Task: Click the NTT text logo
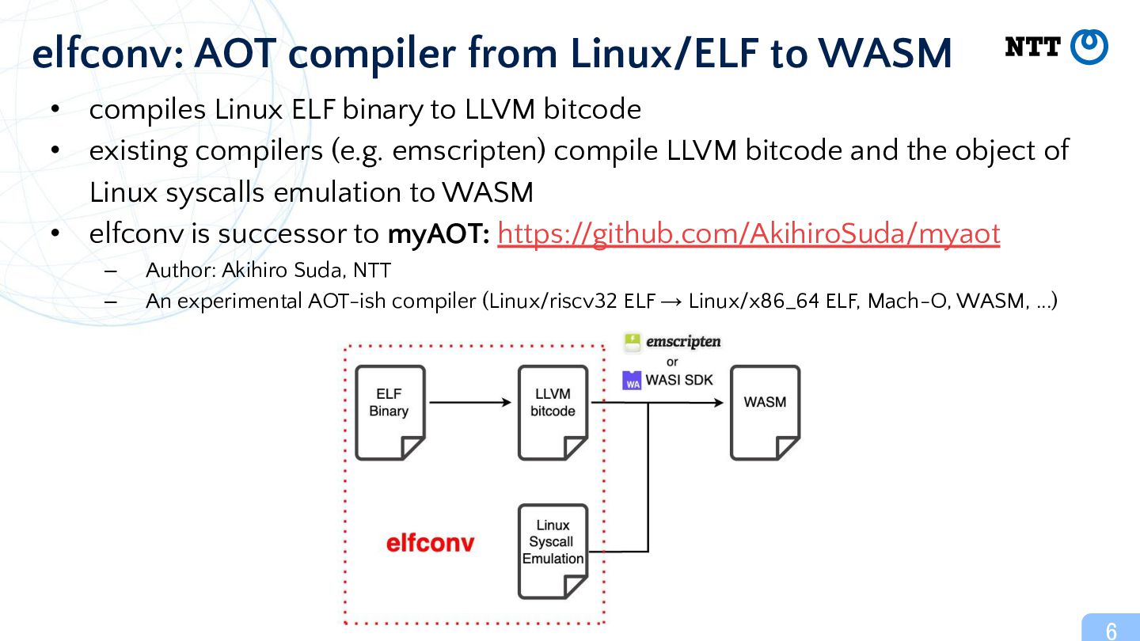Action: [x=1032, y=47]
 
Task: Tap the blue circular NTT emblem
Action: [x=1089, y=47]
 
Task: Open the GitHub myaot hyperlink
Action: [x=749, y=234]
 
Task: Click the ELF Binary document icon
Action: [x=390, y=412]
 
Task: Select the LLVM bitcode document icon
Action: [x=553, y=412]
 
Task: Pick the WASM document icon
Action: [x=766, y=412]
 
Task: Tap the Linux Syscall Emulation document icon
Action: [x=553, y=552]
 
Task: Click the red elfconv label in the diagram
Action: [x=430, y=543]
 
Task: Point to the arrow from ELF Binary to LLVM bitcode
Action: [x=470, y=402]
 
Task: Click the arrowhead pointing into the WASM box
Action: [x=719, y=402]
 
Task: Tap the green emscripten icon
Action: [x=632, y=343]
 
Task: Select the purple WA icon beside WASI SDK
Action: [x=632, y=381]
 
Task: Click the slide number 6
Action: [x=1111, y=631]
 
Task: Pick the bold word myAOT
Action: [x=439, y=234]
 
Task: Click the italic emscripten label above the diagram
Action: [x=683, y=342]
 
